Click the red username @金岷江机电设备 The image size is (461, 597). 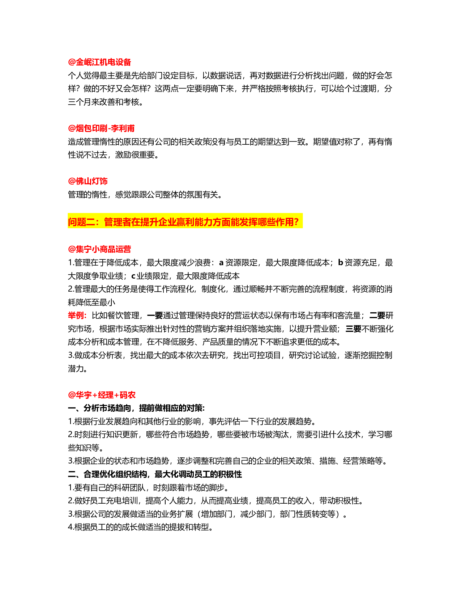99,62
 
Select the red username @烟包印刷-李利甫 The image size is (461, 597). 101,128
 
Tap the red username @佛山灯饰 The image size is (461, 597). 87,181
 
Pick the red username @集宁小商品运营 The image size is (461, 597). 99,249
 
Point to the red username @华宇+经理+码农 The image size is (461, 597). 102,395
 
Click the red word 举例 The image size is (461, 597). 77,316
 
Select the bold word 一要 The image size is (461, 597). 155,316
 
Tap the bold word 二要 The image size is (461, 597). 377,316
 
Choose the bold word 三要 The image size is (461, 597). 353,329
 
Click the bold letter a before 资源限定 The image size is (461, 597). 221,263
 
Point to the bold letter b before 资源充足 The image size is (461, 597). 341,262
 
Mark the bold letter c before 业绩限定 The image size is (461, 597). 133,276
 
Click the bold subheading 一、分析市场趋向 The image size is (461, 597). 136,408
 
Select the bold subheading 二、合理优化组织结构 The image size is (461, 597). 155,474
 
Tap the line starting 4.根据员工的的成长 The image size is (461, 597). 141,527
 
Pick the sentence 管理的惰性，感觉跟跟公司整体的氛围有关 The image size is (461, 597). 145,195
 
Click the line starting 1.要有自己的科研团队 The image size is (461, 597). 148,487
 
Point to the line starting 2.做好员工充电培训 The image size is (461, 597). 216,500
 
